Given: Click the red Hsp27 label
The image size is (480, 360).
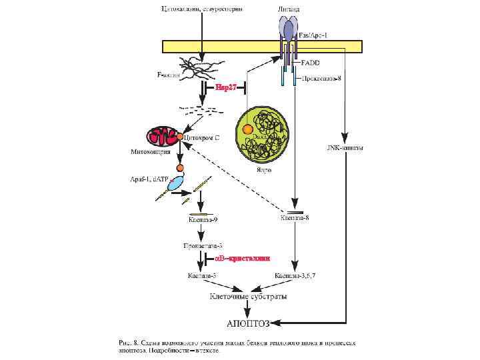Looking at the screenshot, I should [x=226, y=87].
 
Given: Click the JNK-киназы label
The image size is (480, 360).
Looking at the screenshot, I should [x=345, y=147].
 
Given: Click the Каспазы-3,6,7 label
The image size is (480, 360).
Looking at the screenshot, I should [x=295, y=275].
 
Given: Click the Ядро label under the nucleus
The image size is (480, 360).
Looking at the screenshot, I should [x=263, y=169].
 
